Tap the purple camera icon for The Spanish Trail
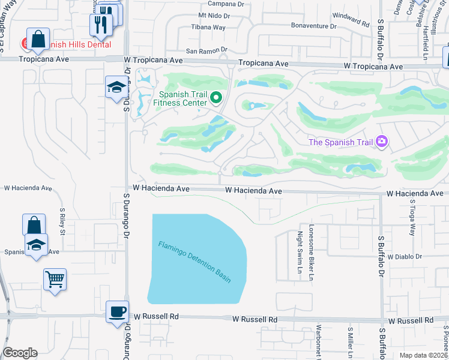coord(381,142)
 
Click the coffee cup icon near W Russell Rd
coord(117,312)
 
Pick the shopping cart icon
coord(55,279)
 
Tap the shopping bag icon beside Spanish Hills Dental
coord(37,40)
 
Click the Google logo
coord(20,352)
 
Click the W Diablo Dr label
coord(405,256)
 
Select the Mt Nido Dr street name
coord(214,15)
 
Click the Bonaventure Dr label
coord(313,26)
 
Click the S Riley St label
coord(62,222)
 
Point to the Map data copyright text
coord(423,355)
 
